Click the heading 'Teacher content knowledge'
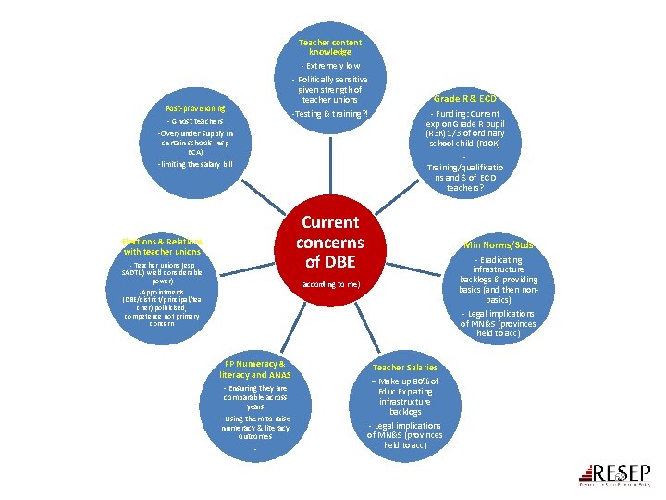pos(330,47)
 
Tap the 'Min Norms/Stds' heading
pos(498,245)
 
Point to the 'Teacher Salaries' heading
pos(405,368)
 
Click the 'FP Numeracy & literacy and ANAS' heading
pos(255,369)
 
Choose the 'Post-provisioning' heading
pos(196,108)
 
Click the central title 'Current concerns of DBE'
pos(330,243)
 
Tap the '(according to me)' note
pos(330,284)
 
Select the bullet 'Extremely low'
pos(331,66)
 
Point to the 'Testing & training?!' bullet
pos(330,114)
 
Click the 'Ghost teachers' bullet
pos(195,121)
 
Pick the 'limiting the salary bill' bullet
pos(195,164)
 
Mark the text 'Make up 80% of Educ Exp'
pos(405,386)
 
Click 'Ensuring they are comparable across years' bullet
pos(255,397)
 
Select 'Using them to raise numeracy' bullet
pos(255,428)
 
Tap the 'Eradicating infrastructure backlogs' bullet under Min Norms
pos(498,274)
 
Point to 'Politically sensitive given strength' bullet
pos(331,89)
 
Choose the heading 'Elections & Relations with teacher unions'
pos(162,246)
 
